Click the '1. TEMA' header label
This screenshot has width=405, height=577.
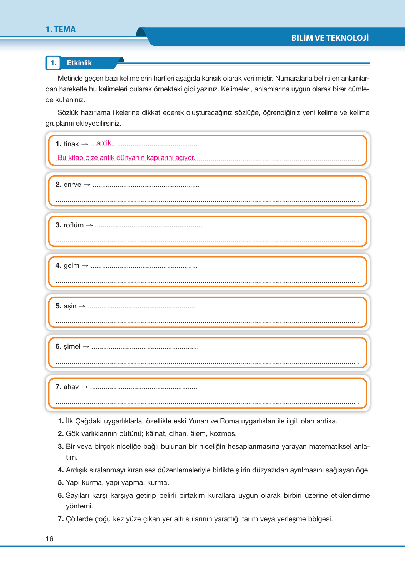[61, 30]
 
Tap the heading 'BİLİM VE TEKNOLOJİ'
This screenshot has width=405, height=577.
[330, 38]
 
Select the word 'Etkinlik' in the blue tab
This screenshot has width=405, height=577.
[79, 63]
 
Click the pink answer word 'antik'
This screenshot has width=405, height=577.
[104, 143]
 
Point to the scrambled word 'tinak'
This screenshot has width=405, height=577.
[71, 144]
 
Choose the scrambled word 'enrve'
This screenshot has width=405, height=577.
[72, 185]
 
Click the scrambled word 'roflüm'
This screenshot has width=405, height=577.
[74, 225]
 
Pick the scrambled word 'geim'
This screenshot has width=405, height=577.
[71, 266]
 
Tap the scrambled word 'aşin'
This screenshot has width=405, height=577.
[70, 306]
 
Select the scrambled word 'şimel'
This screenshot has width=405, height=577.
[72, 347]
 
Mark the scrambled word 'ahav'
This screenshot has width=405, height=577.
[71, 387]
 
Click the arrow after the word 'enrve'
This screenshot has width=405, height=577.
[87, 185]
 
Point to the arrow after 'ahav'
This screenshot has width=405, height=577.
[85, 387]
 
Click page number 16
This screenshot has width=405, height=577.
[50, 539]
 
